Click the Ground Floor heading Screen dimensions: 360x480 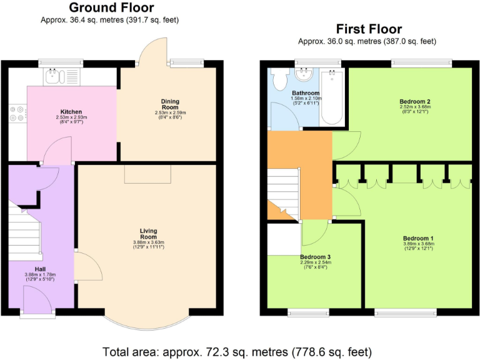click(x=111, y=7)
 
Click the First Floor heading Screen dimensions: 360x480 click(x=368, y=29)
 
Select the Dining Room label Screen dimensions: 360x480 click(x=170, y=104)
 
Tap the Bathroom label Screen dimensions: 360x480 click(x=305, y=93)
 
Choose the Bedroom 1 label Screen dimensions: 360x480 click(x=418, y=238)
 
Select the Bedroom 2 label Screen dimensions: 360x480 click(x=415, y=101)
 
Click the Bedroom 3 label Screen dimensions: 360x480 click(x=315, y=257)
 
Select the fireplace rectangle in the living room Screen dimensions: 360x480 click(x=147, y=174)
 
